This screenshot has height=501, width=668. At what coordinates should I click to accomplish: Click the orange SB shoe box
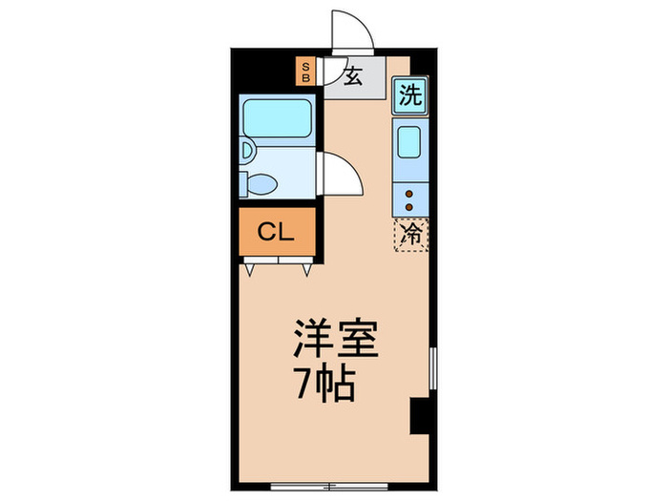click(305, 73)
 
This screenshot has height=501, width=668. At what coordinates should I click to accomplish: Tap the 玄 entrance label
click(353, 75)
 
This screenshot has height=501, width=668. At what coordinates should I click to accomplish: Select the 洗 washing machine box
click(409, 94)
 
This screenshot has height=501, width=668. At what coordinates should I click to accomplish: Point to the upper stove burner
click(410, 193)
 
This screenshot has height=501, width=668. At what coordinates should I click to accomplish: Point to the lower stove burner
click(410, 206)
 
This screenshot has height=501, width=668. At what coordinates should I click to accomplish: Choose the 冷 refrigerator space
click(410, 233)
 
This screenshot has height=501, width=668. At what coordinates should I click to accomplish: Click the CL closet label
click(276, 231)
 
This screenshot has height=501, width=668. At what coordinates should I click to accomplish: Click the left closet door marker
click(250, 269)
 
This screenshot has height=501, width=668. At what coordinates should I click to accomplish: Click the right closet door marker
click(307, 269)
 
